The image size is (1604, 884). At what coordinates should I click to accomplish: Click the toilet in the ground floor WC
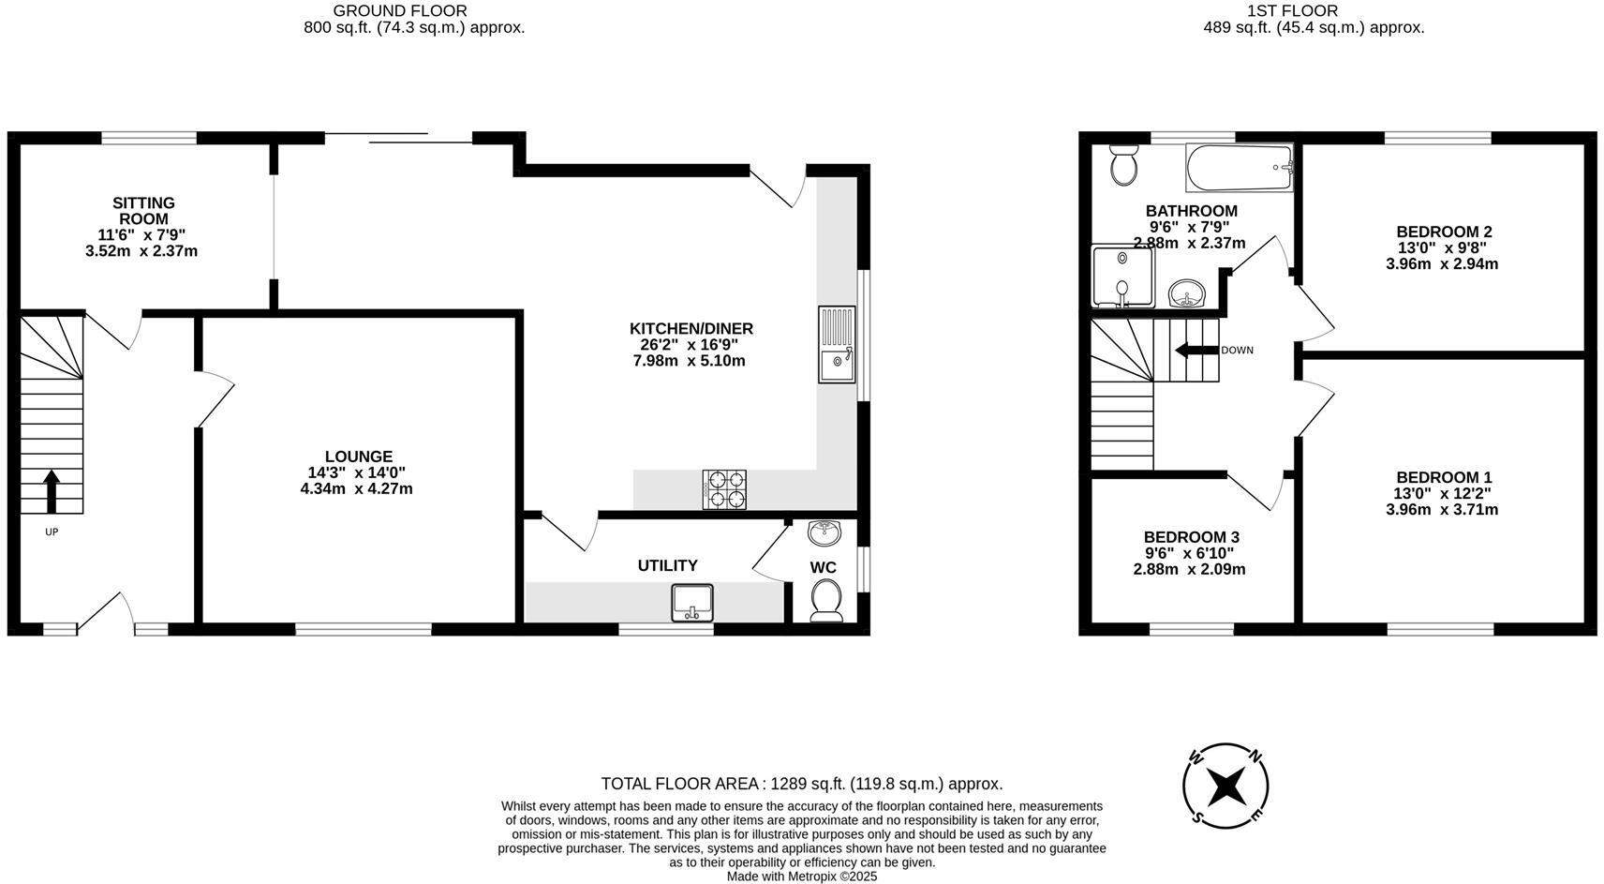(825, 599)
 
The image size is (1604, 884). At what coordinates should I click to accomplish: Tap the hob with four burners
(724, 489)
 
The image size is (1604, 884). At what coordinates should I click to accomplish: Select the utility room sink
(692, 603)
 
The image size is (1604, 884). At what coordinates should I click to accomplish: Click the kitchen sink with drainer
(837, 344)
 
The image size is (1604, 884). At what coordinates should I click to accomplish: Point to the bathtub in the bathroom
(1239, 168)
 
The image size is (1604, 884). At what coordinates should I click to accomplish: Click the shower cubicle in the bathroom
(1122, 277)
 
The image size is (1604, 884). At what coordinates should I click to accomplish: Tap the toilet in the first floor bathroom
(1122, 166)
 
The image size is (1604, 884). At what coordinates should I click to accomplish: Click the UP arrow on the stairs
(52, 491)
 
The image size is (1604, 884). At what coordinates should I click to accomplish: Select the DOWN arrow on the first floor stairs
(1196, 351)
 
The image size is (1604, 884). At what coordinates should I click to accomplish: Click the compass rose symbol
(1225, 786)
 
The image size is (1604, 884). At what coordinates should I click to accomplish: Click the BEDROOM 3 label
(1191, 537)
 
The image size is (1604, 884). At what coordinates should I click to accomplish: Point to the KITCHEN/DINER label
(691, 329)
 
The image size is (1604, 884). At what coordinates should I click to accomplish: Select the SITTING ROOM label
(143, 211)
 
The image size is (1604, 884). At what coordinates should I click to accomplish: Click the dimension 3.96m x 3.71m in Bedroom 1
(1442, 510)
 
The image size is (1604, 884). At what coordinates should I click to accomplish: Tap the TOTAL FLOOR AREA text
(801, 784)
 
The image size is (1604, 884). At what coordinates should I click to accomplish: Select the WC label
(823, 567)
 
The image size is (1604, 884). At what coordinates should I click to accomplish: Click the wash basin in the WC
(824, 532)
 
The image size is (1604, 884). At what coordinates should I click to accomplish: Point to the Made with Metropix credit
(801, 877)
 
